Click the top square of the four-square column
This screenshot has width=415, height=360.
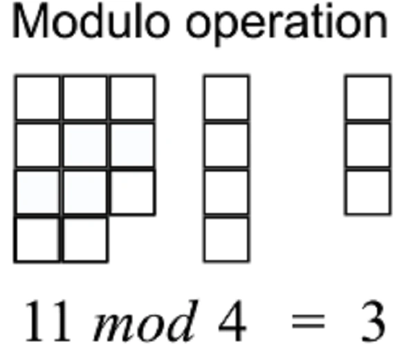tap(225, 98)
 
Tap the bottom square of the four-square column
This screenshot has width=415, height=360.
tap(225, 239)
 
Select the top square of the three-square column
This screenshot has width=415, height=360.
tap(368, 98)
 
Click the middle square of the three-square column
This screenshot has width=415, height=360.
tap(368, 145)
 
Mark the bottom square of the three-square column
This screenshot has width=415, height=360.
tap(368, 192)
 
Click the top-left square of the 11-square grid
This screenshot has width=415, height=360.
tap(37, 98)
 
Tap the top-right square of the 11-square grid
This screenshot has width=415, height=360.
tap(131, 98)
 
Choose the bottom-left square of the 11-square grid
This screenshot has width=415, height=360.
tap(37, 239)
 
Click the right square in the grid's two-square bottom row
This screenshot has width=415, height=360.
tap(84, 239)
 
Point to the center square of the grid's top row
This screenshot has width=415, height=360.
tap(84, 98)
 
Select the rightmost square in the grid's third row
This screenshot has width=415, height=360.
tap(131, 192)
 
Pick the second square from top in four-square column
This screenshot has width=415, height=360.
tap(225, 145)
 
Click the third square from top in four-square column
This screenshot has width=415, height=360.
tap(225, 192)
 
